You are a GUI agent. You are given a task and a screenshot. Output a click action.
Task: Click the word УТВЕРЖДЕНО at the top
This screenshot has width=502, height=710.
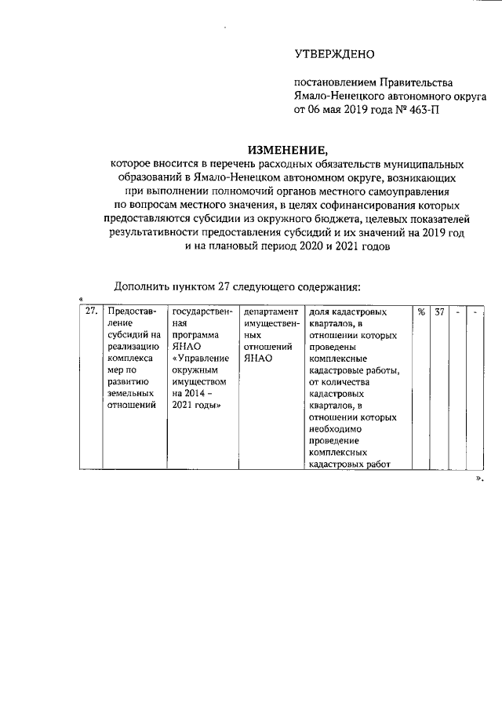click(335, 54)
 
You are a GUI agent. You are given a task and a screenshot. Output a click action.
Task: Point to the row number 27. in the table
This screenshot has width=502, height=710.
click(91, 311)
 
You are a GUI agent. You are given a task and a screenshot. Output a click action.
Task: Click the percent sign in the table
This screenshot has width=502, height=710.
click(421, 311)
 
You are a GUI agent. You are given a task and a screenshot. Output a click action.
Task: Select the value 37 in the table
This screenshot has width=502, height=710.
click(440, 311)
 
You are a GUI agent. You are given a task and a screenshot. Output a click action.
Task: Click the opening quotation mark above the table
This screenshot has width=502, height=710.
click(82, 299)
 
